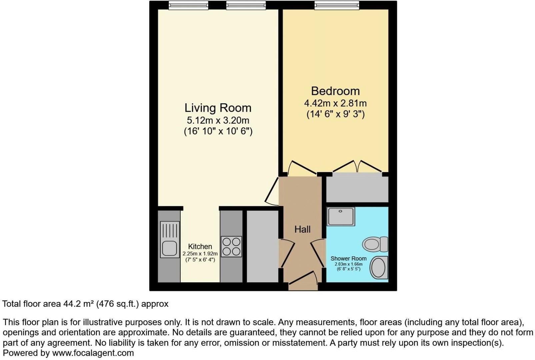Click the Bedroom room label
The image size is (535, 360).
[335, 91]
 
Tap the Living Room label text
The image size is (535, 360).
[218, 108]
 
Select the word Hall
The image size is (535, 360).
[302, 229]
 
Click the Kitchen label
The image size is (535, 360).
[200, 246]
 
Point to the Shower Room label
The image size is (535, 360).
[348, 258]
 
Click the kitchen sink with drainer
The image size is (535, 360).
[170, 239]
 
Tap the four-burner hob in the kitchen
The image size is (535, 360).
[231, 247]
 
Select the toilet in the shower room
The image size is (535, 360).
[375, 244]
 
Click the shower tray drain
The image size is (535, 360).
[340, 211]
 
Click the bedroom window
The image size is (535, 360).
[337, 5]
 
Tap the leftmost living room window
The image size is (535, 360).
[188, 5]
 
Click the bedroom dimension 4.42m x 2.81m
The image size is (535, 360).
[335, 103]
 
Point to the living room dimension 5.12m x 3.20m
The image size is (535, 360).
[218, 120]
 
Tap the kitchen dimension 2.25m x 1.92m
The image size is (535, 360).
[200, 254]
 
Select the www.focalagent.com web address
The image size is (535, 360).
[93, 353]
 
